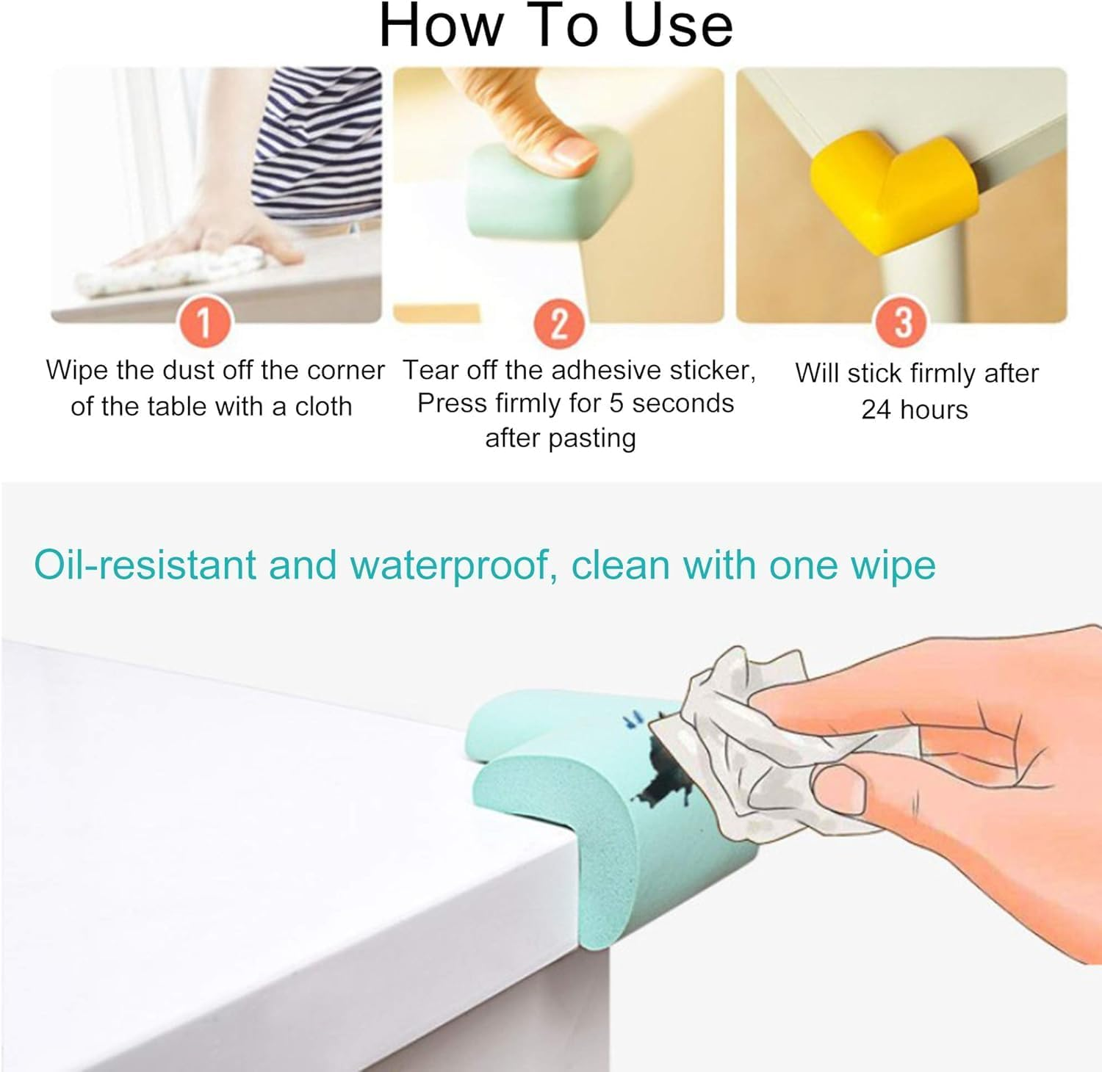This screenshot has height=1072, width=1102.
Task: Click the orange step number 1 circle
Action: point(205,323)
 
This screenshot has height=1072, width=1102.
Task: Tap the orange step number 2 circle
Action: point(560,323)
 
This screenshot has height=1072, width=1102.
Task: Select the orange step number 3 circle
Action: point(903,323)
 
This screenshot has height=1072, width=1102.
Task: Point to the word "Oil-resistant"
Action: point(145,566)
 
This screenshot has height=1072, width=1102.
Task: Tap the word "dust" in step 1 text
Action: point(184,370)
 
